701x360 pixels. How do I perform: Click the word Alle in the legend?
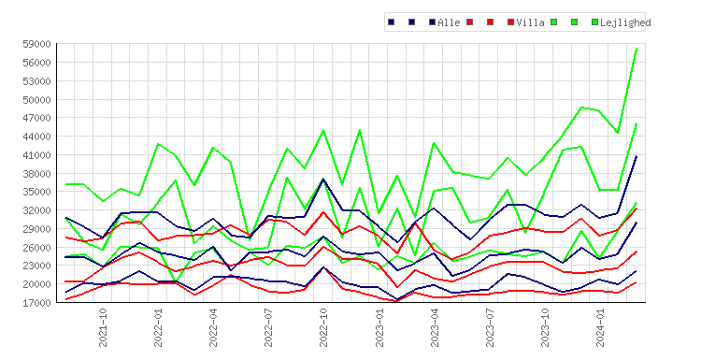(449, 22)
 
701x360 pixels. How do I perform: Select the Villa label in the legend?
(530, 22)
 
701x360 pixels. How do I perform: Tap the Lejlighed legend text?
(625, 22)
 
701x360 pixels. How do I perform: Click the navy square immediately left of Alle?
(433, 22)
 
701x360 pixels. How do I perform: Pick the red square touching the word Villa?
(511, 22)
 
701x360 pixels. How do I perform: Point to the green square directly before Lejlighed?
(594, 22)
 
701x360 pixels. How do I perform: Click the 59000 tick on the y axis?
(36, 44)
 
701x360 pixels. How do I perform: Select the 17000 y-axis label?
(36, 303)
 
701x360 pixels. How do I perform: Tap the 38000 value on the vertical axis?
(36, 174)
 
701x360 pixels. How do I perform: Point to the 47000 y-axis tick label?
(36, 118)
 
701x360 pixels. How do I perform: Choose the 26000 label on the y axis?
(36, 247)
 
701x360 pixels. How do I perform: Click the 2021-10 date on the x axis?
(103, 327)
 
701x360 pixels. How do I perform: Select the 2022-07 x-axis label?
(268, 327)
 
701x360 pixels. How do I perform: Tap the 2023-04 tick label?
(435, 327)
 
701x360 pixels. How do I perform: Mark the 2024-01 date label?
(600, 327)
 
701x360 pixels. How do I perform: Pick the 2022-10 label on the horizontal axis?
(323, 327)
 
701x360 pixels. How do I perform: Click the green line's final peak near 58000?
(637, 49)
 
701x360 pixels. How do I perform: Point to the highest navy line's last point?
(637, 156)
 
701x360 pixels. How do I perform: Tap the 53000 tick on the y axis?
(36, 81)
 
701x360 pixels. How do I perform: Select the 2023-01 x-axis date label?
(379, 327)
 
